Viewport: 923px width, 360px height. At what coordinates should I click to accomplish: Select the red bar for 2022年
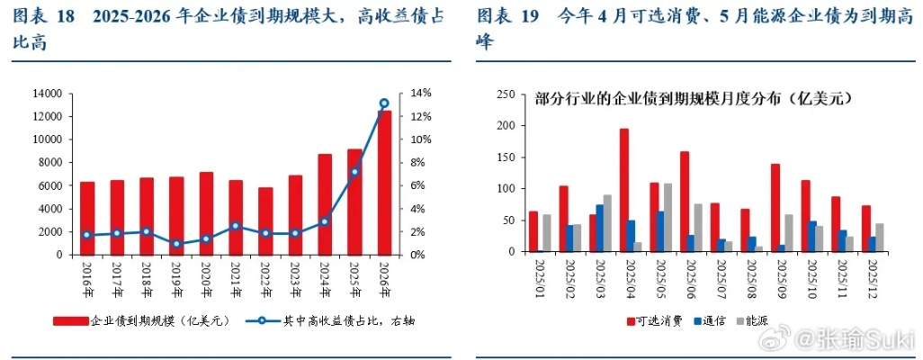[264, 220]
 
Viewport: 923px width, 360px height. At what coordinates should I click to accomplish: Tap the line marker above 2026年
[384, 103]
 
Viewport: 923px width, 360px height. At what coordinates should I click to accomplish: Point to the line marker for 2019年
[176, 244]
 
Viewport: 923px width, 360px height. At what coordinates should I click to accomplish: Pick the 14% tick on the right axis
[422, 94]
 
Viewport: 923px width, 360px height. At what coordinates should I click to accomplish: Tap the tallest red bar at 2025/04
[623, 190]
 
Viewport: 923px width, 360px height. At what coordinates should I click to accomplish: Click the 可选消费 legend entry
[654, 319]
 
